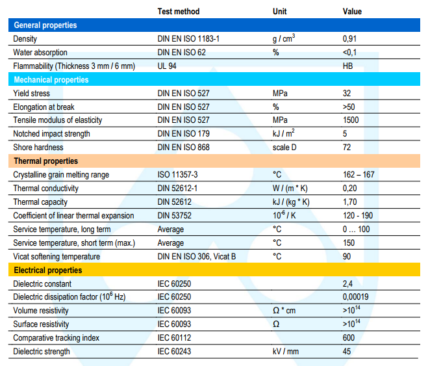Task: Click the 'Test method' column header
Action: [179, 12]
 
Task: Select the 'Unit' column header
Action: [279, 12]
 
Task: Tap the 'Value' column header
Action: [352, 12]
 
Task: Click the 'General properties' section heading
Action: [45, 25]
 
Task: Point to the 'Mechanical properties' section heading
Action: [51, 80]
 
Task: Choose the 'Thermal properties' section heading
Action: [46, 161]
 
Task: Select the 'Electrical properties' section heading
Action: [48, 270]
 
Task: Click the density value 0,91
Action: [349, 39]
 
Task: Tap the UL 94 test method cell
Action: [167, 66]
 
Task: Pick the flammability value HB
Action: [347, 66]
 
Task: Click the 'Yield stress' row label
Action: [32, 94]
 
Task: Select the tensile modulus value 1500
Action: [351, 120]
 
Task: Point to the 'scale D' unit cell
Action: [284, 148]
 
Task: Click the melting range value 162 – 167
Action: [359, 174]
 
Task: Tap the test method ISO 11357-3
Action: [177, 174]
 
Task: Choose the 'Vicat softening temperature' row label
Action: [57, 257]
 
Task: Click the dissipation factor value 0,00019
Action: [356, 297]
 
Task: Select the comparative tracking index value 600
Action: [349, 338]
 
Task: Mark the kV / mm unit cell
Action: [286, 352]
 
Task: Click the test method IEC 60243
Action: [174, 352]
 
